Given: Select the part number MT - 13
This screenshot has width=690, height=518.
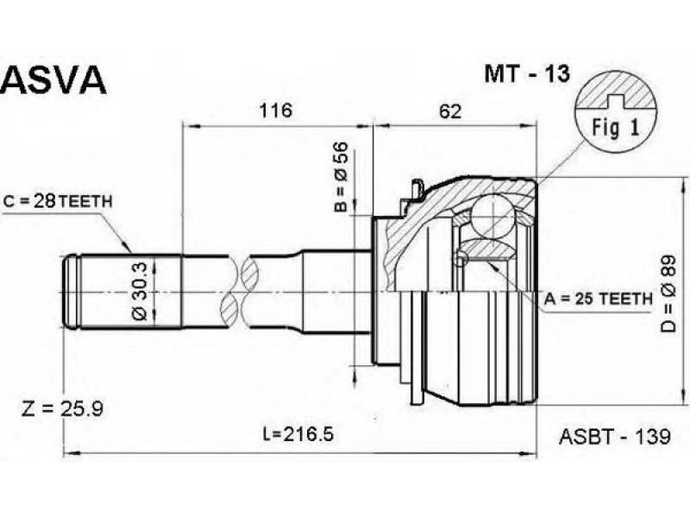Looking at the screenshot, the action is point(527,73).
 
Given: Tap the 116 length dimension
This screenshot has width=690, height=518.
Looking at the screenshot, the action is point(275,111).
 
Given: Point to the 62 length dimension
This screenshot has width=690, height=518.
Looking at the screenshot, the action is point(450,111).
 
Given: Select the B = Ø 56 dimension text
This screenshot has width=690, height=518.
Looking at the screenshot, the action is point(341,177).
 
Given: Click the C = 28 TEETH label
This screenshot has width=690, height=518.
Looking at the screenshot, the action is point(58,201).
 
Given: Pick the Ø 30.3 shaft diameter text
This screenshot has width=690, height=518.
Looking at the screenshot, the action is point(141,291).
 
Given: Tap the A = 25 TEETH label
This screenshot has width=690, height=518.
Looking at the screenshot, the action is point(598,299).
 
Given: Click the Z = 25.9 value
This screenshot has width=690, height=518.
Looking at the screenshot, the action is point(62,408).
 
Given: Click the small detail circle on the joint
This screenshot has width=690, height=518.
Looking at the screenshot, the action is point(461,259).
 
